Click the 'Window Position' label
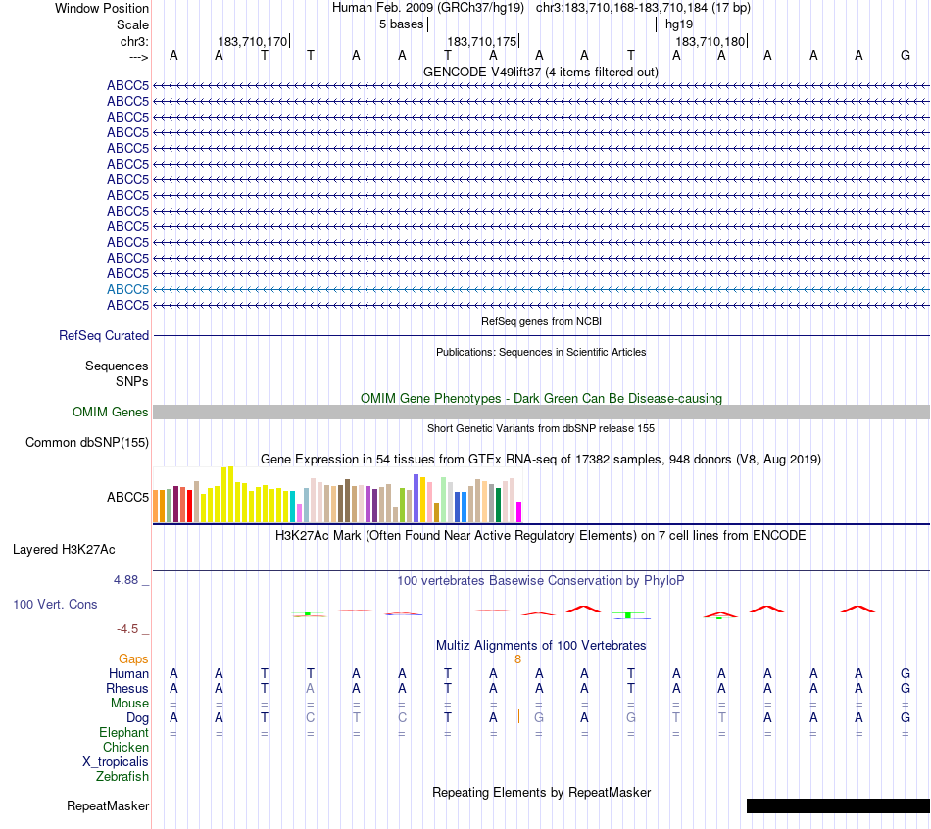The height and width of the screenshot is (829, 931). point(102,8)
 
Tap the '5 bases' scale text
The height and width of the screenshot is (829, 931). point(401,24)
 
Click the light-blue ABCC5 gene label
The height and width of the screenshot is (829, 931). point(127,289)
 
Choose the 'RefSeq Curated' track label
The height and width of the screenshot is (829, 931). point(104,335)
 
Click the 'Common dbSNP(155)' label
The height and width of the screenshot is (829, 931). point(87,443)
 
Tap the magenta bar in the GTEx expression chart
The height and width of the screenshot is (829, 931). point(519,512)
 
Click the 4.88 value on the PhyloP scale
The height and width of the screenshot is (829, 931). point(130,580)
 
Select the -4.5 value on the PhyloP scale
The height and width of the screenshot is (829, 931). point(131,629)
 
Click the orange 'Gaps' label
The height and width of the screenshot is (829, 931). point(133,659)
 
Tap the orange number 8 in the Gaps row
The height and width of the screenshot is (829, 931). point(517,659)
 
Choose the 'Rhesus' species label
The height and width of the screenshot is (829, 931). point(127,688)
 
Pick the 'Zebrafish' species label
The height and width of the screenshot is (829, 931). point(122,777)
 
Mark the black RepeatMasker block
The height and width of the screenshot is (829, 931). point(838,805)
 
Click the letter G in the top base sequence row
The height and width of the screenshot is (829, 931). point(906,55)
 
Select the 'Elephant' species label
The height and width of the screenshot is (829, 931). point(123,732)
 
